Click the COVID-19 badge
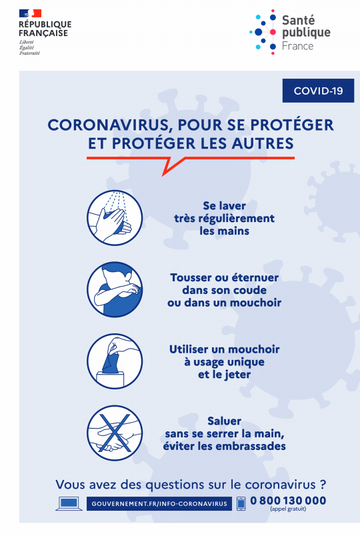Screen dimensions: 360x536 pyautogui.click(x=318, y=91)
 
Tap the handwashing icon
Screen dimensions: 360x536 pyautogui.click(x=115, y=218)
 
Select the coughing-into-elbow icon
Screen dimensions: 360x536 pyautogui.click(x=115, y=289)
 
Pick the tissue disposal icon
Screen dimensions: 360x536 pyautogui.click(x=115, y=361)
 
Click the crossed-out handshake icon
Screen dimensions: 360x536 pyautogui.click(x=115, y=433)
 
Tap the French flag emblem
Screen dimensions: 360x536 pyautogui.click(x=30, y=13)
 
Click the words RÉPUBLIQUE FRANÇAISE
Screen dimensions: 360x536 pyautogui.click(x=45, y=29)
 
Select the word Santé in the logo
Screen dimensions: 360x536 pyautogui.click(x=298, y=20)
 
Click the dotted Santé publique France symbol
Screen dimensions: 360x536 pyautogui.click(x=263, y=32)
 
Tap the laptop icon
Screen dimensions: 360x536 pyautogui.click(x=69, y=503)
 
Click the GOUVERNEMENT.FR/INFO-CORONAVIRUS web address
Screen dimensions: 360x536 pyautogui.click(x=159, y=503)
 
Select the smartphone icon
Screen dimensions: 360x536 pyautogui.click(x=241, y=503)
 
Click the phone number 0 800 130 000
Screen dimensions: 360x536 pyautogui.click(x=288, y=501)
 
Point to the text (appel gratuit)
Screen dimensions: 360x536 pyautogui.click(x=288, y=509)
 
